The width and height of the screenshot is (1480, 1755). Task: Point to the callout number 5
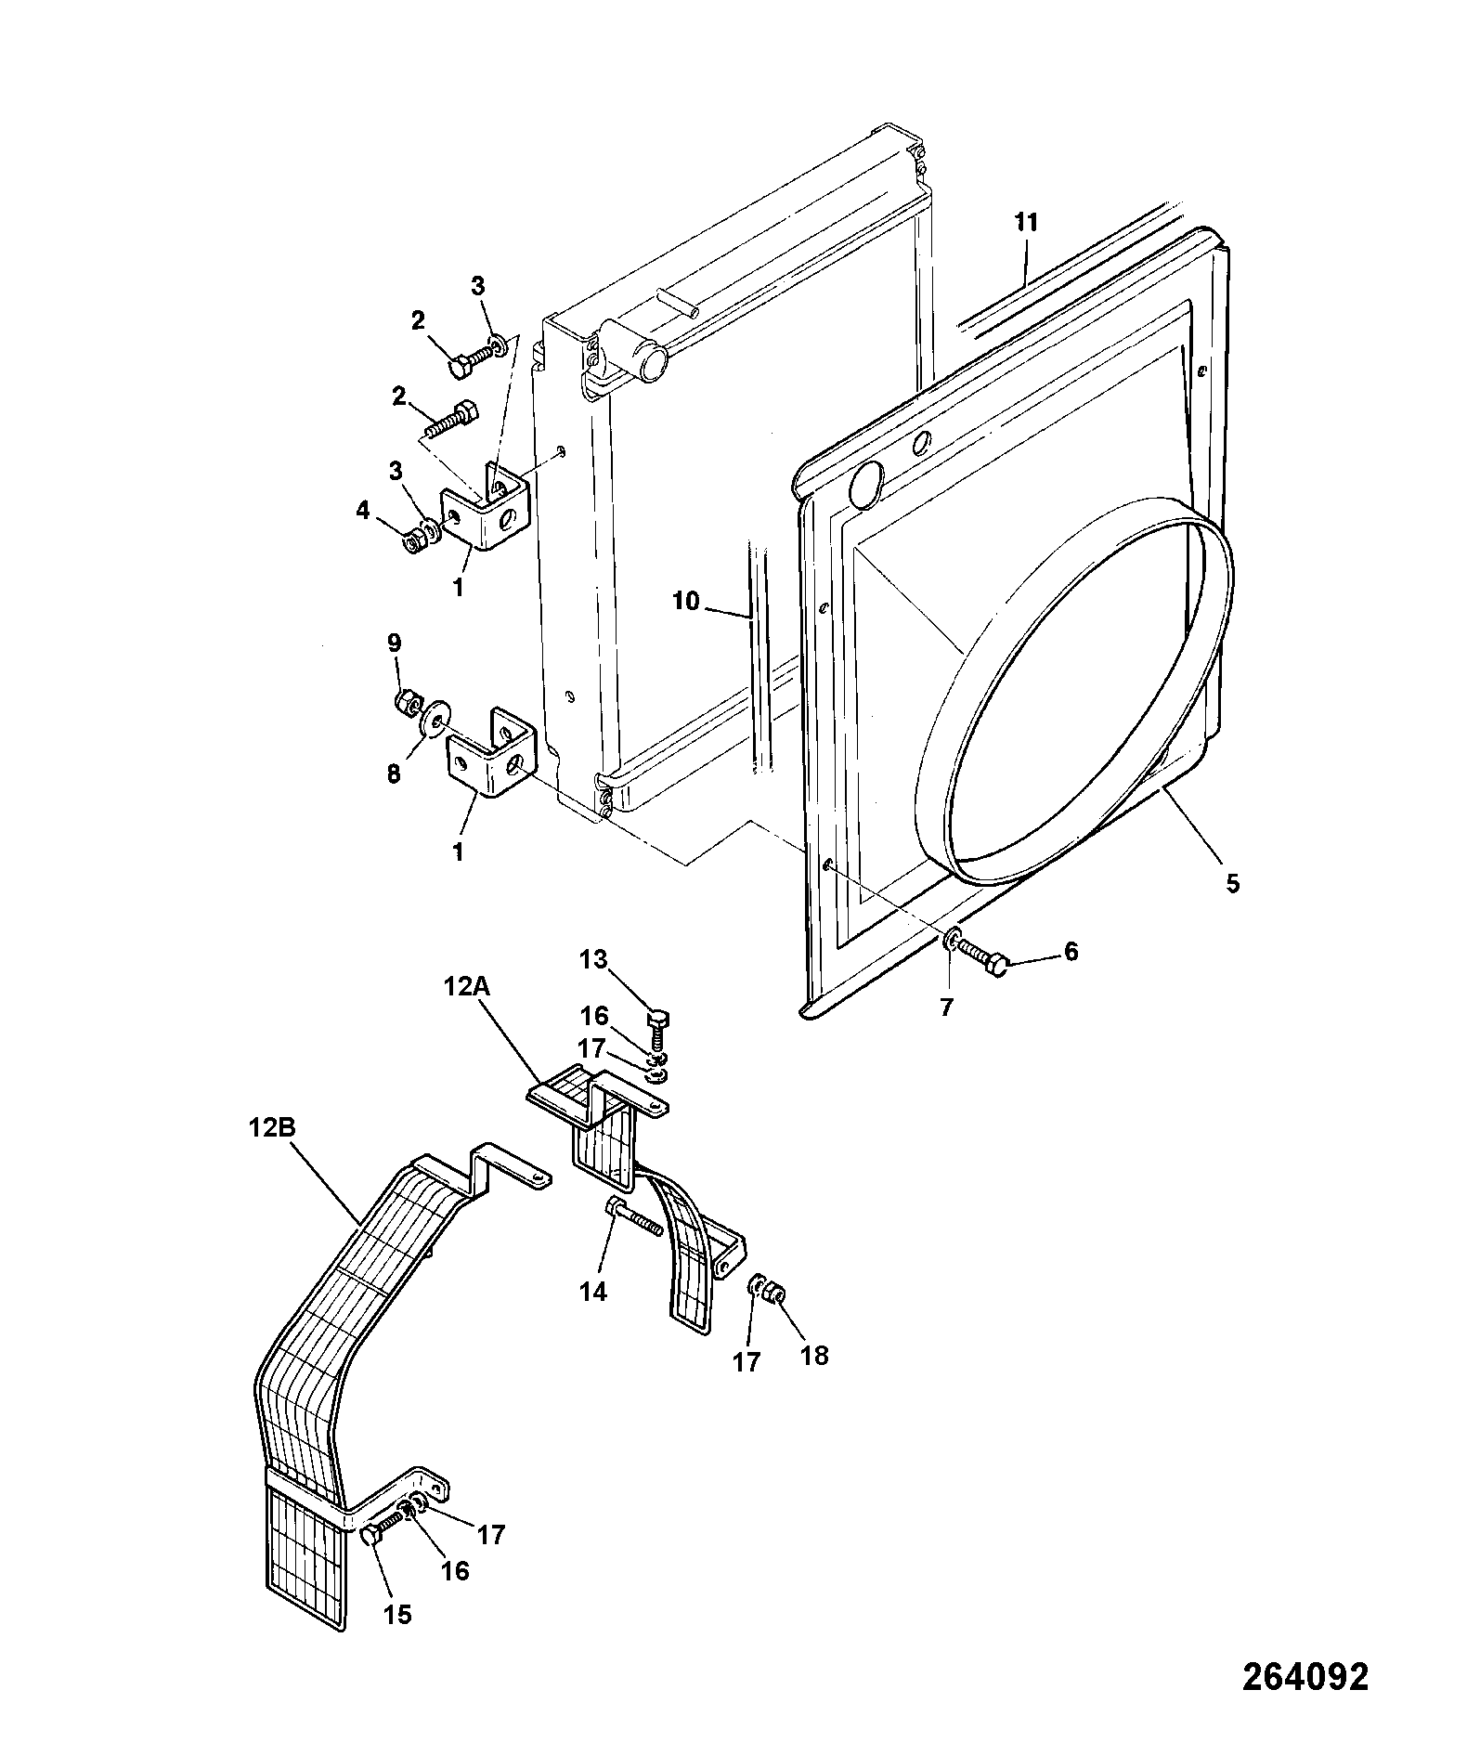(1232, 883)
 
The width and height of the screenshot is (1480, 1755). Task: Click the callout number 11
(1025, 223)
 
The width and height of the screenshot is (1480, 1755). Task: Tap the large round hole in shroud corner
(868, 485)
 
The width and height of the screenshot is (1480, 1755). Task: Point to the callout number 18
(813, 1356)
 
